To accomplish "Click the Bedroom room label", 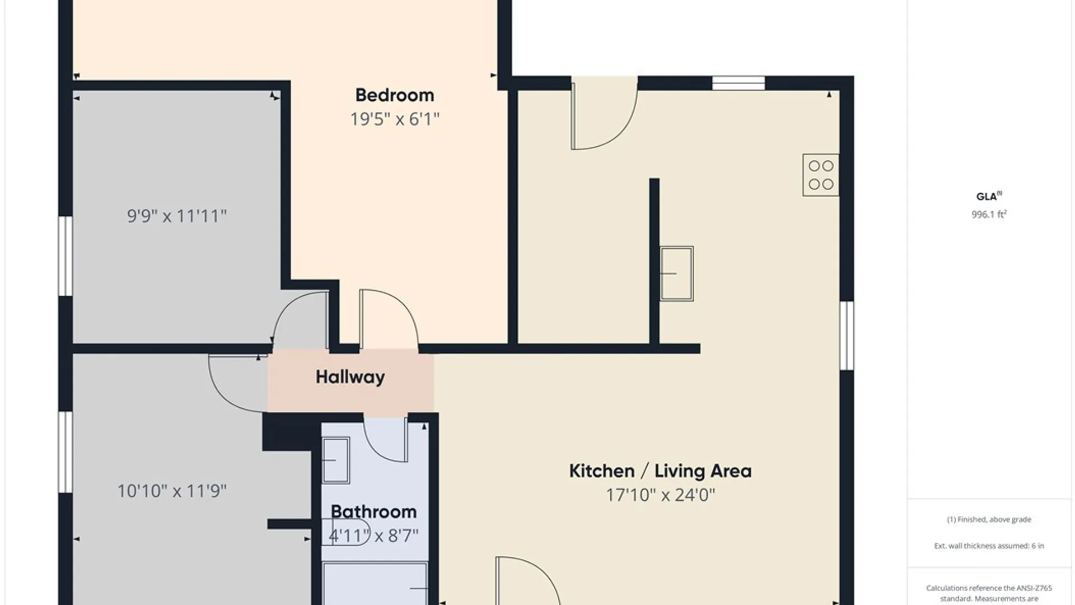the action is (395, 95).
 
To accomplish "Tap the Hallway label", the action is (350, 377).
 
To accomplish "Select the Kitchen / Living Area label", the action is (660, 471).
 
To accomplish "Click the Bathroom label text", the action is (373, 512).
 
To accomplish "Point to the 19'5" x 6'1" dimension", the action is (395, 119).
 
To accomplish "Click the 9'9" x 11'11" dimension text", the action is (177, 216).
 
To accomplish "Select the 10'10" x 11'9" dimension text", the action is (172, 491).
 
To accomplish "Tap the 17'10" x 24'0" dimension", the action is (661, 495).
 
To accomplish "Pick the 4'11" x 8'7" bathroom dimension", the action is (373, 536).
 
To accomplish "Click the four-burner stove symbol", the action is (821, 175).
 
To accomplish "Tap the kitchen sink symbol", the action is (676, 274).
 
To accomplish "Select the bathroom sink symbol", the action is (335, 460).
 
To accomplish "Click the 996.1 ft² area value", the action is (989, 214).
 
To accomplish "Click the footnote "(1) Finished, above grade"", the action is (989, 519).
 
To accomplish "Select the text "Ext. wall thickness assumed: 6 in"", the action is (989, 546).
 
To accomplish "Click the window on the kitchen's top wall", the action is (739, 83).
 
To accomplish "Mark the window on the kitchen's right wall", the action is (847, 336).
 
